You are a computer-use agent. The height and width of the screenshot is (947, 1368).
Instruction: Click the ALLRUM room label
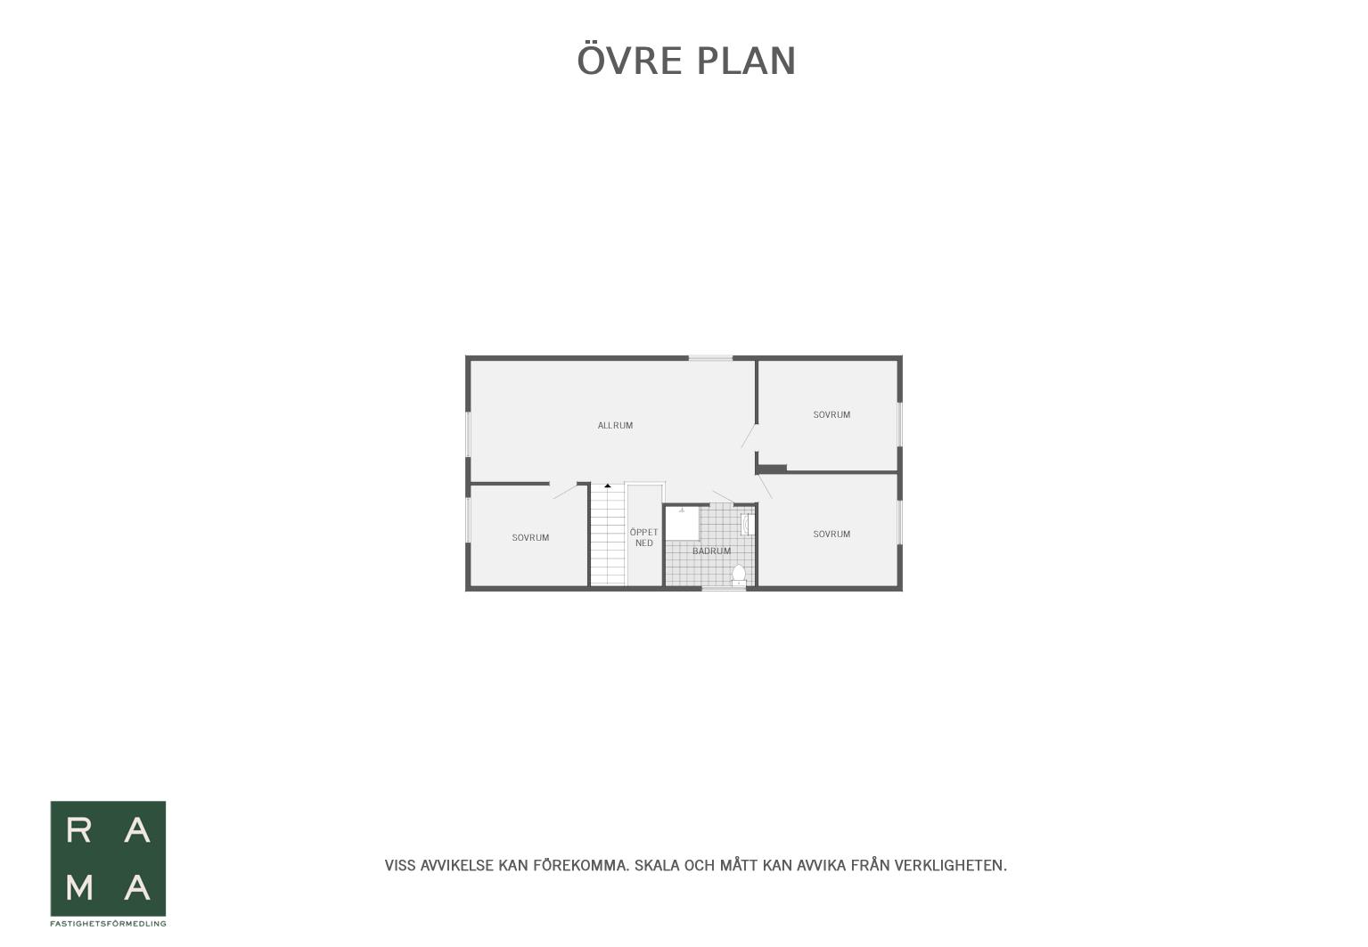coord(615,426)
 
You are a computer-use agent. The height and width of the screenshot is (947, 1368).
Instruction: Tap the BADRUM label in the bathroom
coord(711,551)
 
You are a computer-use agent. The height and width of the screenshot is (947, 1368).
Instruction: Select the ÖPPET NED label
coord(644,537)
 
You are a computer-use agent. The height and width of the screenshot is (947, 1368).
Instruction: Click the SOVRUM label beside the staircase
coord(530,538)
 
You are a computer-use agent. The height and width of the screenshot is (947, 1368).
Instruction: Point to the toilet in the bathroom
coord(739,576)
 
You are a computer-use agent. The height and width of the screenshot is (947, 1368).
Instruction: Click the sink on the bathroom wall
coord(748,525)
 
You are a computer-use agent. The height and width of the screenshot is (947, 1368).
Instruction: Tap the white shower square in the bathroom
coord(682,524)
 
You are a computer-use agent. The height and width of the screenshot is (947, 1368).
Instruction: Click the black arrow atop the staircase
coord(608,486)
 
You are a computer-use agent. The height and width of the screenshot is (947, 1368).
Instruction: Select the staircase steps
coord(608,535)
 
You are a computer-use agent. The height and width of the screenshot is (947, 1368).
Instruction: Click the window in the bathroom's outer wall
coord(724,589)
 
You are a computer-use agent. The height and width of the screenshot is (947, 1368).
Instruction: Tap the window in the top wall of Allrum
coord(711,358)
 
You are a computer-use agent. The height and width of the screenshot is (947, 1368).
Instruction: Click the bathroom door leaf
coord(723,496)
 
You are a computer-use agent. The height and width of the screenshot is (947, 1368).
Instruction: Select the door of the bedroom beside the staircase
coord(565,492)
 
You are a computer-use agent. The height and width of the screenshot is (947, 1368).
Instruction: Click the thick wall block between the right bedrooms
coord(772,469)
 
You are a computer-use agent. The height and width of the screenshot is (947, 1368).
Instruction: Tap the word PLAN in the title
coord(746,61)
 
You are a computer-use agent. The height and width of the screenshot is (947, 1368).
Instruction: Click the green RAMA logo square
coord(108,859)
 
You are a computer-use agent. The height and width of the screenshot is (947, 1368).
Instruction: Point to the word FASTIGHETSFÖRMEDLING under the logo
coord(108,924)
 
